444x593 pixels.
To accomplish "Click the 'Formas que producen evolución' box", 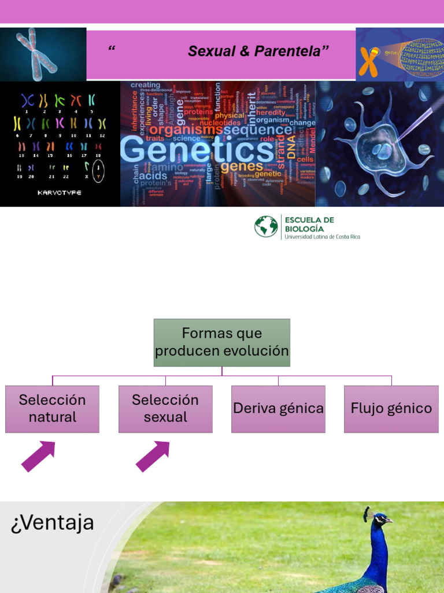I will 221,342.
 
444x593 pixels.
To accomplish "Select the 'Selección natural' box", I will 52,409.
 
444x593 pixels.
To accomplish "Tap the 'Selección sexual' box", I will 165,409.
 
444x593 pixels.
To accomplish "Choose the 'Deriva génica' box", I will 278,409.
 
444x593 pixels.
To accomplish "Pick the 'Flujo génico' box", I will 391,409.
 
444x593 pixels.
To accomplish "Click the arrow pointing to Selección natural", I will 38,456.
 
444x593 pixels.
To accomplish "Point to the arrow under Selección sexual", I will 153,456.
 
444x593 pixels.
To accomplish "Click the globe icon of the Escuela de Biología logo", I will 266,226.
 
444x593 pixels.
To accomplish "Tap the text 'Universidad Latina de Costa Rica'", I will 322,237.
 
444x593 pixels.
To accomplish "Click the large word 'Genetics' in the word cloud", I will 197,149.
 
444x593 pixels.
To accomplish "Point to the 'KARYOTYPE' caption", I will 60,192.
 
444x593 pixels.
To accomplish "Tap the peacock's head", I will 379,519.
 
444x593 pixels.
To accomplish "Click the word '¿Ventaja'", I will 52,523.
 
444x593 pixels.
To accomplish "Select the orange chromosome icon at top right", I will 368,61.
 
